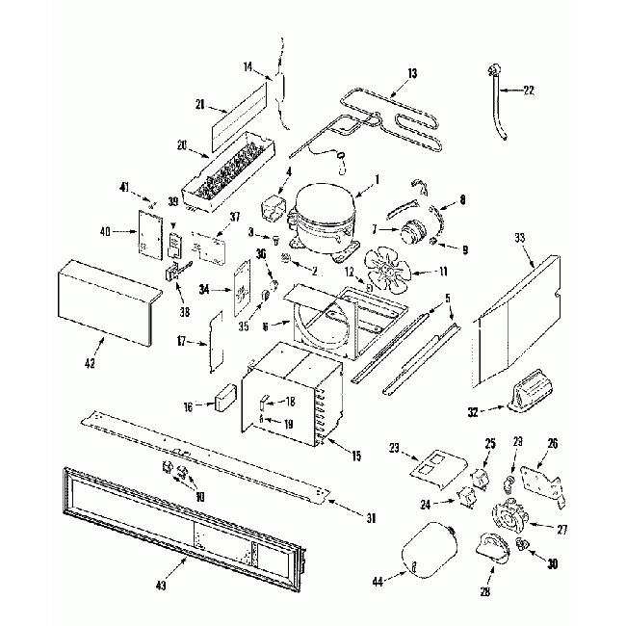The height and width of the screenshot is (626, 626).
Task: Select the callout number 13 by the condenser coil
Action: pos(412,74)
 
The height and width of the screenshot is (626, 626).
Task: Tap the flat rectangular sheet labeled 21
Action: pos(235,114)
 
